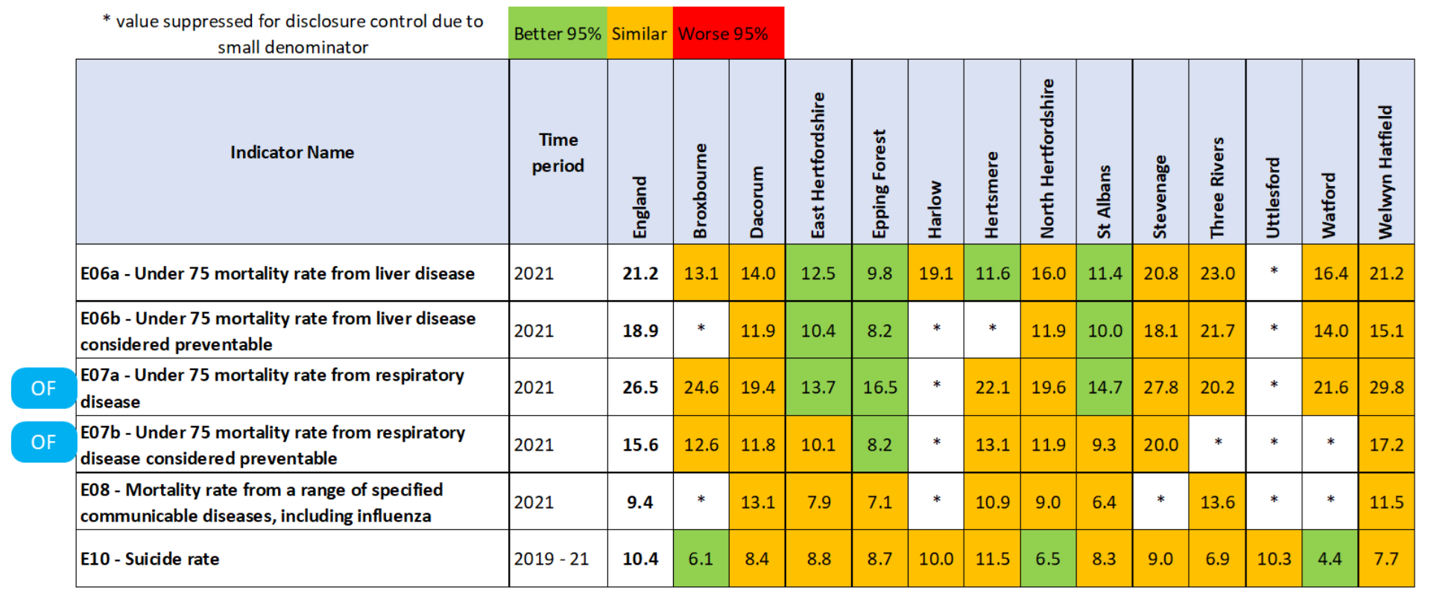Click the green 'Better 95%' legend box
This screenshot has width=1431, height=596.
pos(557,34)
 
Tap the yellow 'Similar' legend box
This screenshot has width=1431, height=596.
pos(639,34)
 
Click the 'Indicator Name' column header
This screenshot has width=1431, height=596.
pos(292,152)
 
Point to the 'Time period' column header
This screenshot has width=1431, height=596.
pos(558,152)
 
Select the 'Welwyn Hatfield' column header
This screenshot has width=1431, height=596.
pos(1386,171)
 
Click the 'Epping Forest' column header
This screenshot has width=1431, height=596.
pos(879,183)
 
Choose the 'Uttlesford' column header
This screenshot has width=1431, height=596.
pos(1273,197)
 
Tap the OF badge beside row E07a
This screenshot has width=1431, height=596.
pos(43,388)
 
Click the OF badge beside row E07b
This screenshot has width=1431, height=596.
pos(43,443)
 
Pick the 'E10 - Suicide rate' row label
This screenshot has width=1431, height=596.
pos(150,559)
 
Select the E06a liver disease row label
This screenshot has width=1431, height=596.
pos(277,273)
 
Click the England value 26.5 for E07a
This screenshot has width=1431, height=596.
pos(640,387)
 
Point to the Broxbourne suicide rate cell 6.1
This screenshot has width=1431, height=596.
pos(701,559)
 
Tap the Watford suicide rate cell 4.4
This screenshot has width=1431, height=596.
pos(1330,559)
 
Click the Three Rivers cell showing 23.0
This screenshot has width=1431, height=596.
pos(1217,273)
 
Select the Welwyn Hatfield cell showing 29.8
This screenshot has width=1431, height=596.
pos(1386,387)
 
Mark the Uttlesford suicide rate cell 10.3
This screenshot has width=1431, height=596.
pos(1274,559)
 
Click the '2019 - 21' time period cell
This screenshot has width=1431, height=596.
pos(552,559)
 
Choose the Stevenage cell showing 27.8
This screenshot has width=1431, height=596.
pos(1160,387)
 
